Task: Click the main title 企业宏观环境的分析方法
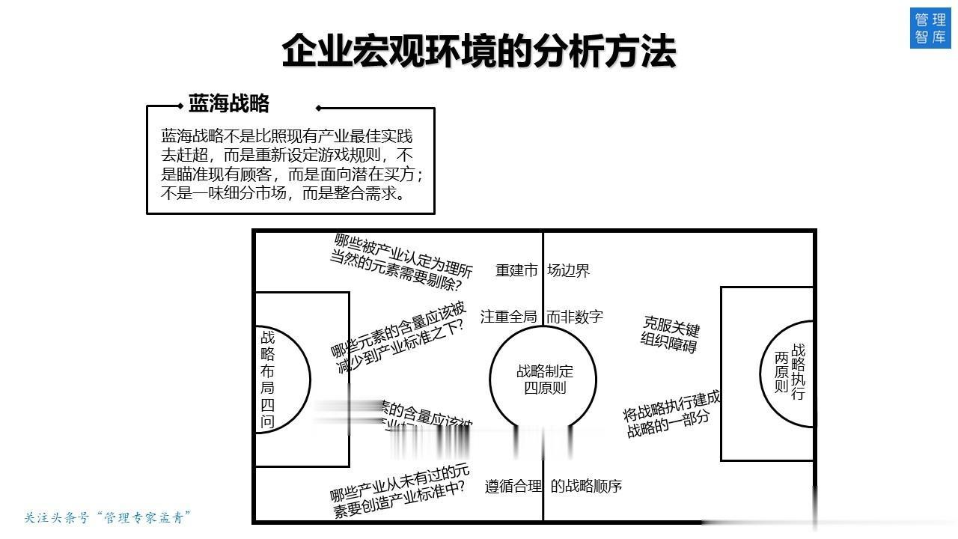(x=479, y=51)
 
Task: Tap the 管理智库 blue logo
(x=930, y=28)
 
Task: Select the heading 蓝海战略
(x=228, y=103)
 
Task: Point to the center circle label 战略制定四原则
(x=544, y=379)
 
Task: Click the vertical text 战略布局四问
(x=267, y=379)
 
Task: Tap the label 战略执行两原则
(x=790, y=372)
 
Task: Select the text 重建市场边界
(x=543, y=270)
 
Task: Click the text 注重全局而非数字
(x=542, y=317)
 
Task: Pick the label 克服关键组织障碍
(x=671, y=334)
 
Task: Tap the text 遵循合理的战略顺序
(x=553, y=486)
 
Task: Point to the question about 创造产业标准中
(x=401, y=490)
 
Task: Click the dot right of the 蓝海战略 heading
(x=319, y=108)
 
